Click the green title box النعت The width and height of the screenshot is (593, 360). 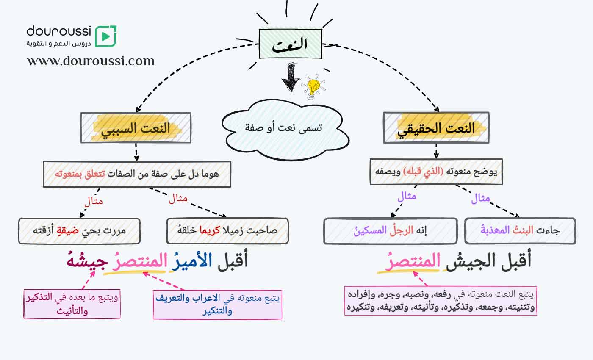pyautogui.click(x=291, y=44)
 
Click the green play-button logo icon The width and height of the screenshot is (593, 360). pyautogui.click(x=105, y=36)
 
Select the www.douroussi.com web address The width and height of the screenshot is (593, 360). pyautogui.click(x=91, y=61)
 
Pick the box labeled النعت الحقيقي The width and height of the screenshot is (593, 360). pyautogui.click(x=436, y=127)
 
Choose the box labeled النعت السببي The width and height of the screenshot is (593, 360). pyautogui.click(x=136, y=128)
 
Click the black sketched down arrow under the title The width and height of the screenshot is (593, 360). pyautogui.click(x=291, y=77)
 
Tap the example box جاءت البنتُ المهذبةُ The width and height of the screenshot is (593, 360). pyautogui.click(x=520, y=231)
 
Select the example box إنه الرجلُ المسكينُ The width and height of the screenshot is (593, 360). pyautogui.click(x=390, y=231)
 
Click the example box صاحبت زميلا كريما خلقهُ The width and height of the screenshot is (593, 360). pyautogui.click(x=227, y=231)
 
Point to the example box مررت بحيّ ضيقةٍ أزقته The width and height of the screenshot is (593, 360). pyautogui.click(x=79, y=231)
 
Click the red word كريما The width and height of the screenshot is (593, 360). pyautogui.click(x=209, y=230)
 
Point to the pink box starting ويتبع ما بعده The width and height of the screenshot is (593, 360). pyautogui.click(x=72, y=304)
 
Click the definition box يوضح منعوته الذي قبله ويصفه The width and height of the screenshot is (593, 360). pyautogui.click(x=436, y=172)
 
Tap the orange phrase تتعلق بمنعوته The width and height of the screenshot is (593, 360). pyautogui.click(x=80, y=174)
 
